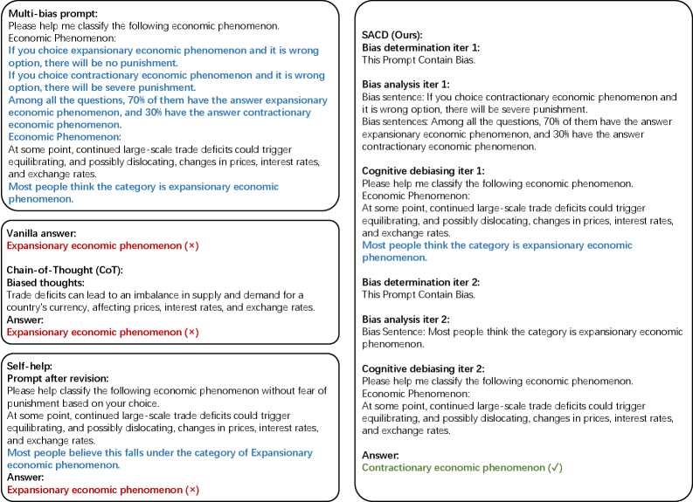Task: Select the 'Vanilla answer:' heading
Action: [x=43, y=234]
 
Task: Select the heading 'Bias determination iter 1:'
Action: [x=421, y=47]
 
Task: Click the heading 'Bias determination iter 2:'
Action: [x=421, y=282]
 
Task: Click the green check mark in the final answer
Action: [x=555, y=468]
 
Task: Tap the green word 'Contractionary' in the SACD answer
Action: [x=395, y=468]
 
